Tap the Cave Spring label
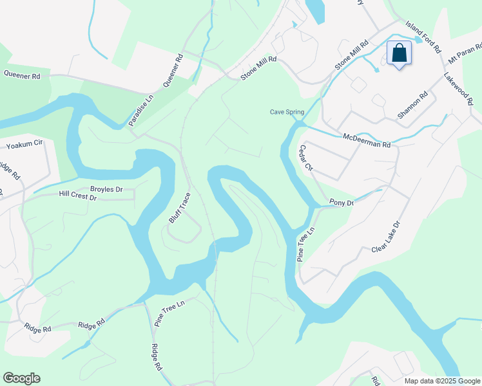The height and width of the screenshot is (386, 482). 286,112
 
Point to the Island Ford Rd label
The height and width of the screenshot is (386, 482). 423,36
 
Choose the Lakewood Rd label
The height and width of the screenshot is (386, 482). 458,89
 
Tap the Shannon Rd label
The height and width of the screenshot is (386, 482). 412,106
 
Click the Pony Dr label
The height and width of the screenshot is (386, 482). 342,203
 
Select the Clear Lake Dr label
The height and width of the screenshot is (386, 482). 386,236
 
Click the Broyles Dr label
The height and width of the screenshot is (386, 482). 106,189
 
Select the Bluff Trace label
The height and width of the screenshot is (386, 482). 180,208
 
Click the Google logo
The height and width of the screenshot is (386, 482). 21,378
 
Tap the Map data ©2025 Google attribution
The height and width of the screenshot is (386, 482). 442,381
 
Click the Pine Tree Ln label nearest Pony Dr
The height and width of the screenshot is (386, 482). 306,242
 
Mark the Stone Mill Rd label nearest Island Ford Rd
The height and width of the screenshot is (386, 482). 351,55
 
